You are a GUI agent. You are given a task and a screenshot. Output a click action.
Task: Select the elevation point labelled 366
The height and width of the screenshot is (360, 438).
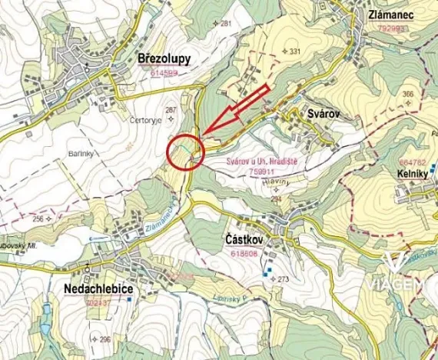(408, 94)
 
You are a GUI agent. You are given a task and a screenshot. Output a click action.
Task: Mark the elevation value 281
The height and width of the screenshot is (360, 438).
(226, 24)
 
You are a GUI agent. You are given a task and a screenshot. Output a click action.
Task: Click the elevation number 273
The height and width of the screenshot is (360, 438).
(283, 278)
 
